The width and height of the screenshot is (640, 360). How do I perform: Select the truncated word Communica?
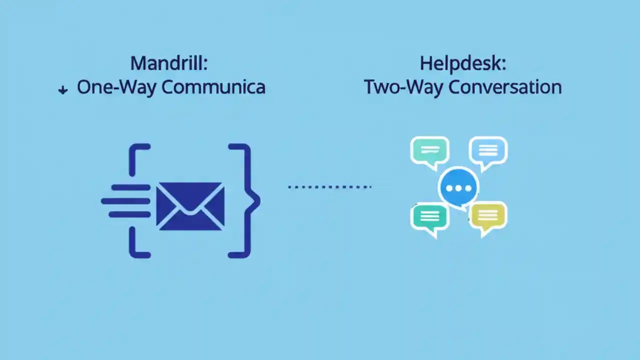(213, 87)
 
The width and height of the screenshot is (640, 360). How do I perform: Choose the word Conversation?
(505, 87)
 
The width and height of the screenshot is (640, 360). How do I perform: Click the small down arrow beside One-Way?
(63, 90)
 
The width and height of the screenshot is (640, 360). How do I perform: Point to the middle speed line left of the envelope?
(126, 201)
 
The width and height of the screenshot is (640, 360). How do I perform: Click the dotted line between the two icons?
(329, 187)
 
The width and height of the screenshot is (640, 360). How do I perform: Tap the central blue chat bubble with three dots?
(458, 188)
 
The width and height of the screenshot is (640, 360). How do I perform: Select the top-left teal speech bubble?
(429, 150)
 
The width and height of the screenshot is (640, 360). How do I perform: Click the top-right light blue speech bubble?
(488, 150)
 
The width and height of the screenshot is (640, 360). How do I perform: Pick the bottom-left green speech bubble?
(429, 216)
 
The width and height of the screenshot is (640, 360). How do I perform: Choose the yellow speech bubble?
(488, 216)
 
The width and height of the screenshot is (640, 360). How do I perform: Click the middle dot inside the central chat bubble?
(458, 188)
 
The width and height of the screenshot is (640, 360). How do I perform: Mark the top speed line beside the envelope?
(131, 188)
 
